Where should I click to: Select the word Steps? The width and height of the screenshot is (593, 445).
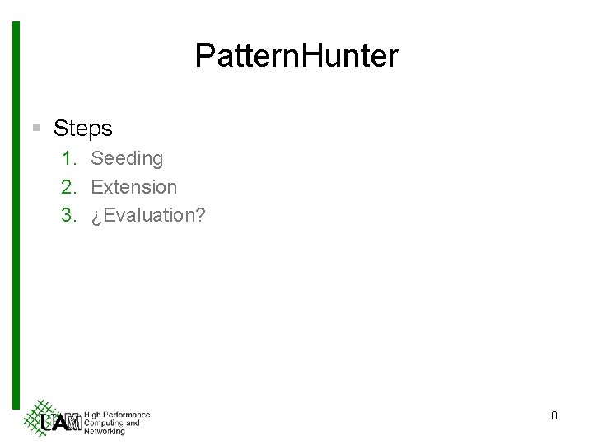tap(82, 129)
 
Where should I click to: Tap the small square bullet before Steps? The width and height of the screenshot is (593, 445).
tap(35, 129)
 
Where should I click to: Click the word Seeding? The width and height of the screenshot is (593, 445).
tap(127, 157)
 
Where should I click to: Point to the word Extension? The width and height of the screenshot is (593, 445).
tap(133, 187)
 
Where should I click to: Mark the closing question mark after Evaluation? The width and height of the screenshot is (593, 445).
tap(200, 216)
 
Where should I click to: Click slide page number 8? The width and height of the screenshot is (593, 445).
tap(554, 416)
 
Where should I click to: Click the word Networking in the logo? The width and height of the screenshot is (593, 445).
tap(105, 431)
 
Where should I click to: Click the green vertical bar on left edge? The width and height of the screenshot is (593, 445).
tap(16, 214)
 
